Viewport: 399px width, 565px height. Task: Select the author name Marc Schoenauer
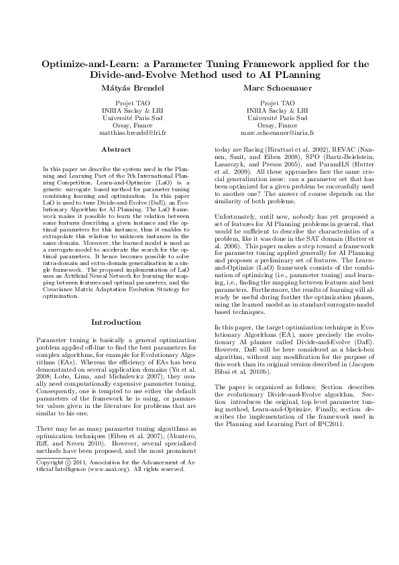278,89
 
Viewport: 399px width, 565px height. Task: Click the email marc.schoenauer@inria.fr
278,133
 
